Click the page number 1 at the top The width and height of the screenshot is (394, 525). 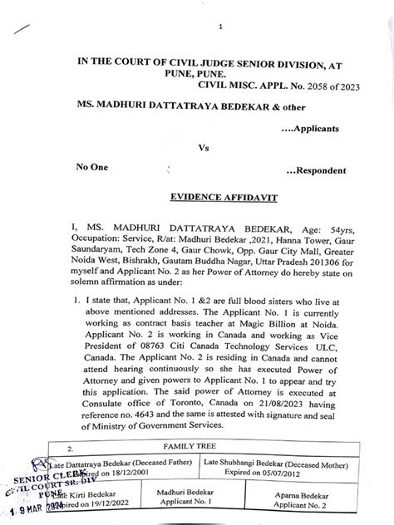[x=221, y=27]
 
